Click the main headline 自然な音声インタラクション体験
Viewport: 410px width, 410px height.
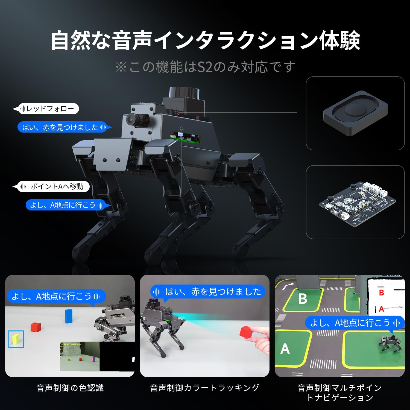pyautogui.click(x=205, y=41)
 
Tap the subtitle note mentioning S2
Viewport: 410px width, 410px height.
pyautogui.click(x=205, y=67)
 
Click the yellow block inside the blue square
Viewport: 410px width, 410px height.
pyautogui.click(x=16, y=339)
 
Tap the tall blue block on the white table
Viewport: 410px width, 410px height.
pyautogui.click(x=69, y=316)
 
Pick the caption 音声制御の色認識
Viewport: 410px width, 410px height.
pyautogui.click(x=70, y=388)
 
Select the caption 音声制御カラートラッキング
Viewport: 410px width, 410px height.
pyautogui.click(x=204, y=388)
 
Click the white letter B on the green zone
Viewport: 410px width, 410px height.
pyautogui.click(x=303, y=299)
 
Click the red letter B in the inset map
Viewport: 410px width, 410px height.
pyautogui.click(x=381, y=293)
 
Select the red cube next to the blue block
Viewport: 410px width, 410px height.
pyautogui.click(x=36, y=327)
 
